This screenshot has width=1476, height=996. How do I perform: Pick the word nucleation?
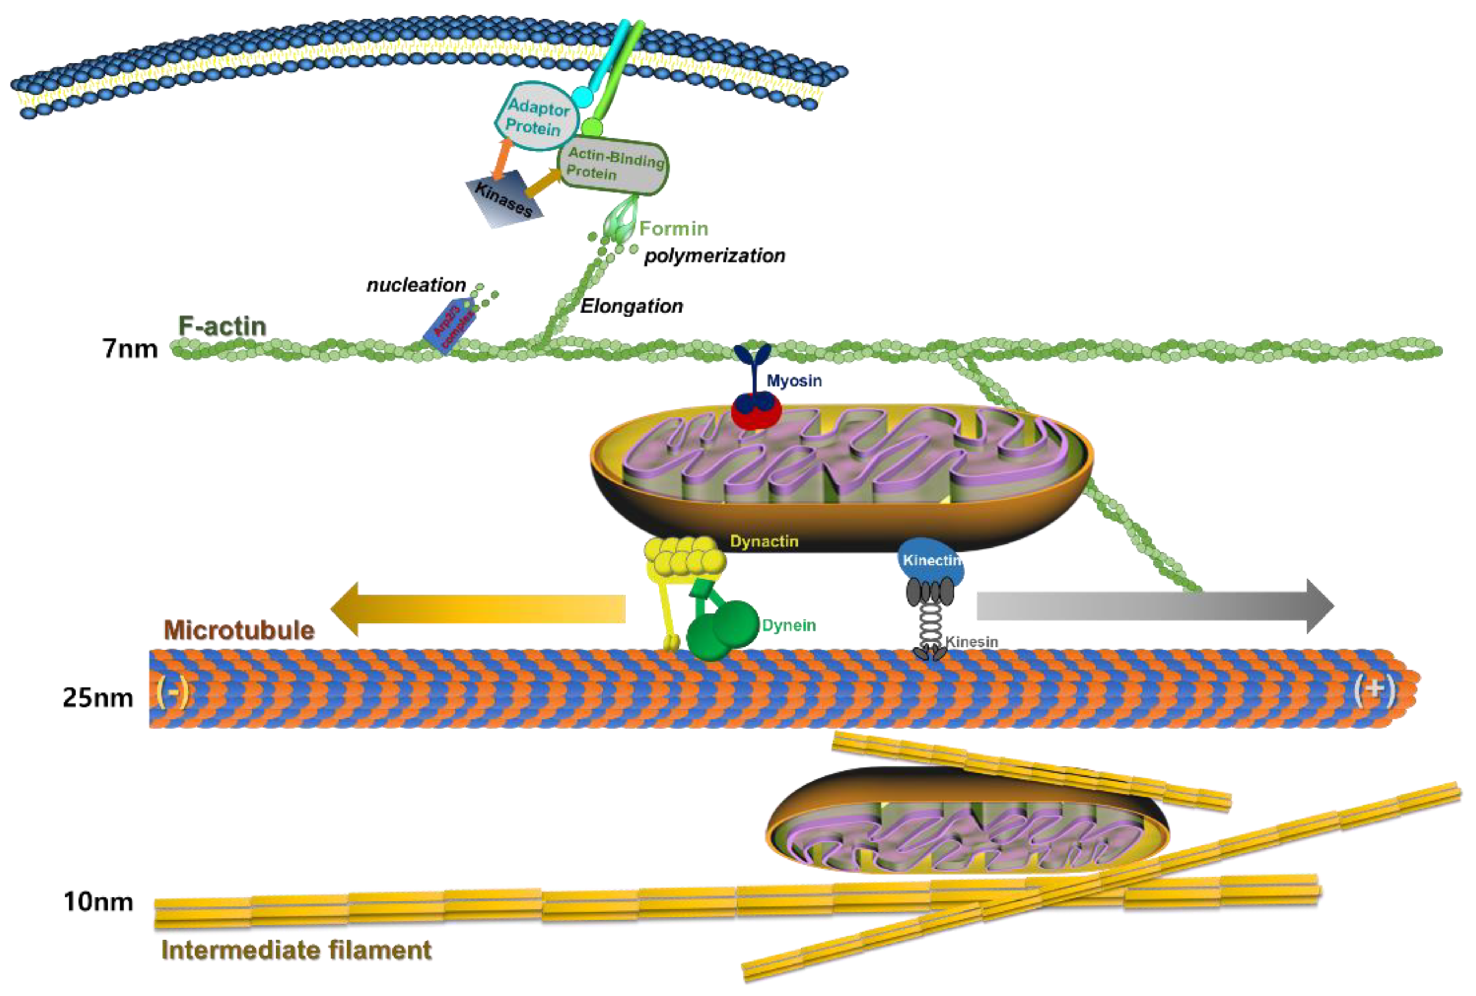pos(416,285)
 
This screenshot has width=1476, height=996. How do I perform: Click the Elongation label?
pos(631,306)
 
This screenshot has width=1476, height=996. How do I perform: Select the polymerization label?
pos(715,256)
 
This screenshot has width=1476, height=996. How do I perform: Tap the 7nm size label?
pos(130,349)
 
